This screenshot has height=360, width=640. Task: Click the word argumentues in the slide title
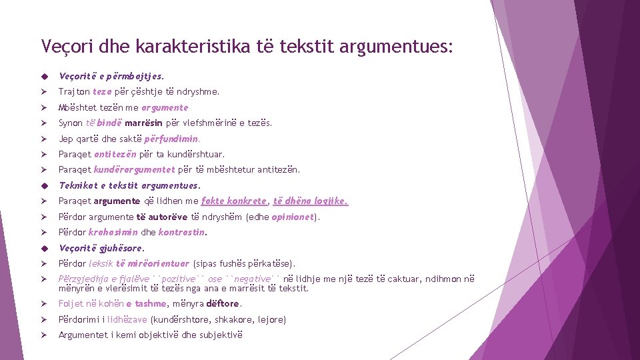pyautogui.click(x=399, y=47)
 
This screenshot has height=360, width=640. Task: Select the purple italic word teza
pyautogui.click(x=102, y=92)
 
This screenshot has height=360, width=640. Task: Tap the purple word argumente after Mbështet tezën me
pyautogui.click(x=165, y=107)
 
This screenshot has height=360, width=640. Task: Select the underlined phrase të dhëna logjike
pyautogui.click(x=310, y=201)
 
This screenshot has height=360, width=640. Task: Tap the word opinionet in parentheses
pyautogui.click(x=293, y=217)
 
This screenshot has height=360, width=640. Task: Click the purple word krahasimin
pyautogui.click(x=113, y=233)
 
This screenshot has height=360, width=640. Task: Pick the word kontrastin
pyautogui.click(x=182, y=233)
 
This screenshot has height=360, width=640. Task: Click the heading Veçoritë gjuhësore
pyautogui.click(x=101, y=248)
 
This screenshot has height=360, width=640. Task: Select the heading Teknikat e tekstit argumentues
pyautogui.click(x=129, y=185)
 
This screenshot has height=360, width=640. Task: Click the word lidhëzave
pyautogui.click(x=128, y=320)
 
